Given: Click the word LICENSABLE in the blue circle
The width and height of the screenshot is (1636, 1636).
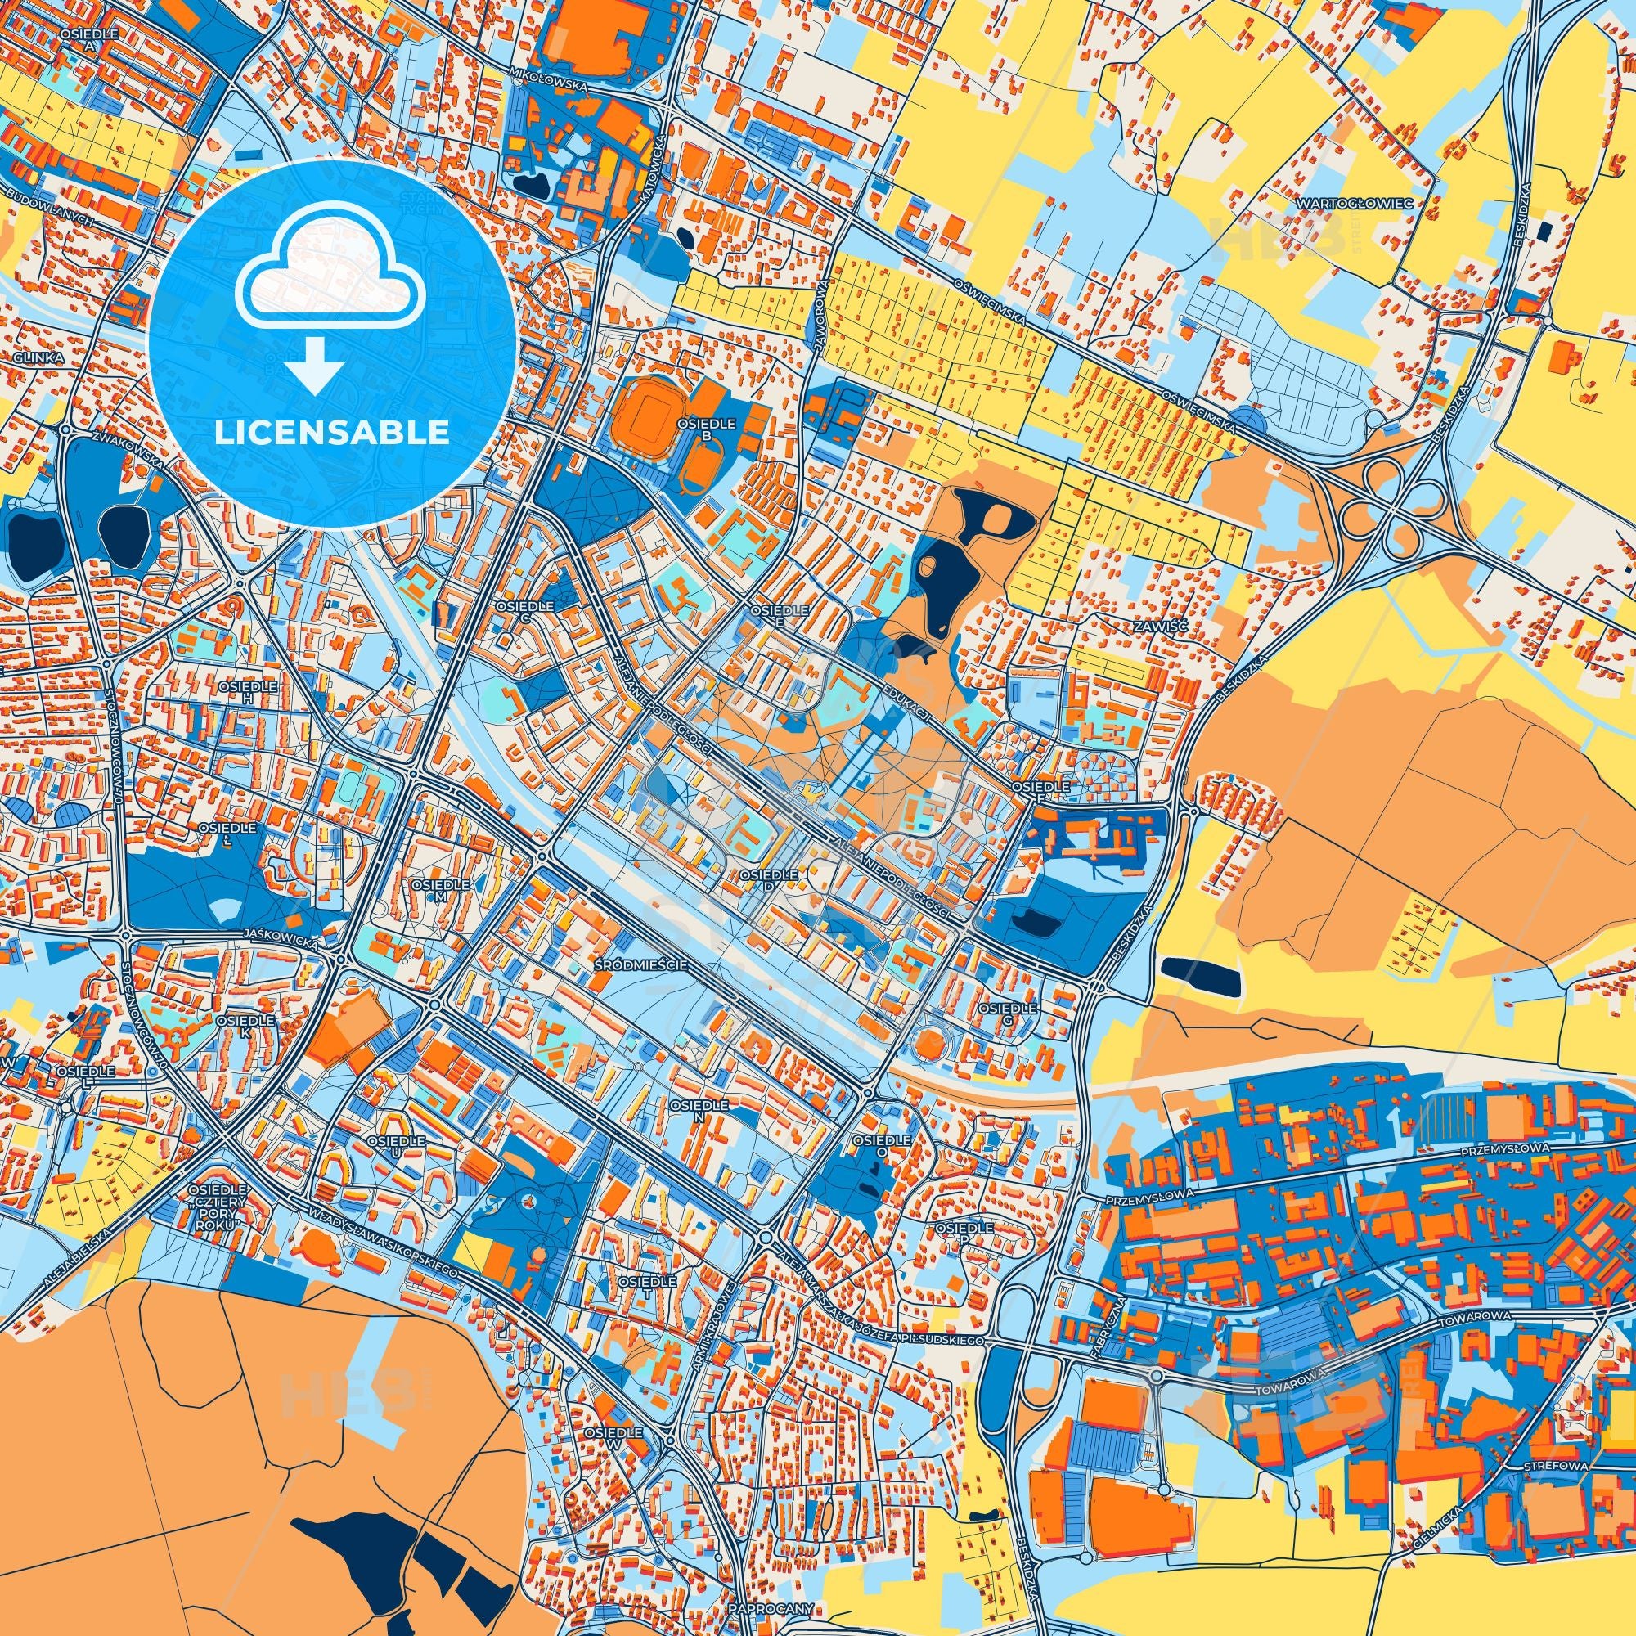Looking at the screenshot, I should point(331,433).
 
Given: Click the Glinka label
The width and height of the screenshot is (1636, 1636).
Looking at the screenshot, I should point(39,358).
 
